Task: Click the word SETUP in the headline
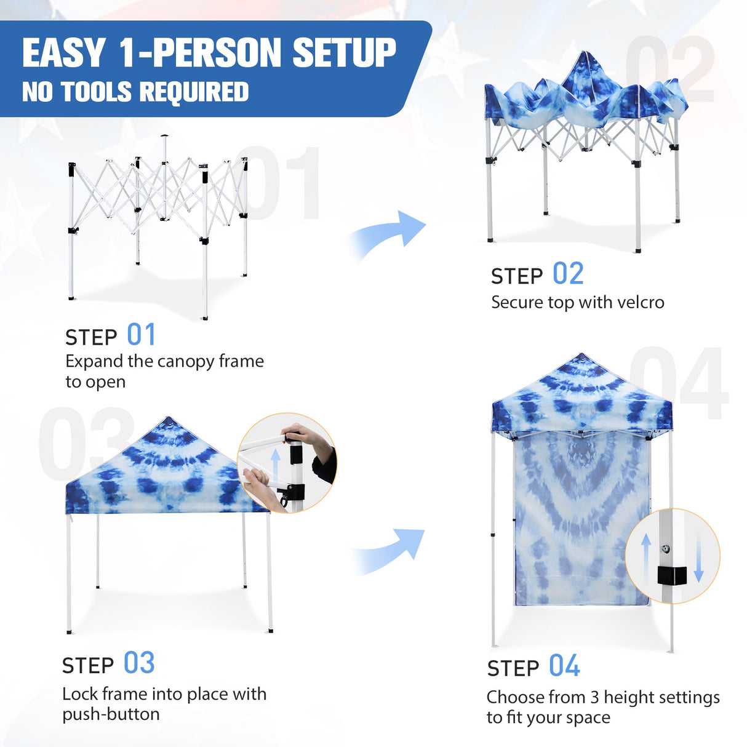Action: pos(344,53)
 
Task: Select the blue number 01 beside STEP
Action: pos(142,335)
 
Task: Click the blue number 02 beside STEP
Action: pos(568,274)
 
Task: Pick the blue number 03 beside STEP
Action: pos(139,663)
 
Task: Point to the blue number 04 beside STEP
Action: pos(564,666)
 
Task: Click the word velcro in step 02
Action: pos(641,303)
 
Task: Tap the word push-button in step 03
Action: pos(111,714)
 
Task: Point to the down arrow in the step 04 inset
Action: pos(698,557)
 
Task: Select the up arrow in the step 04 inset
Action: pos(646,557)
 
